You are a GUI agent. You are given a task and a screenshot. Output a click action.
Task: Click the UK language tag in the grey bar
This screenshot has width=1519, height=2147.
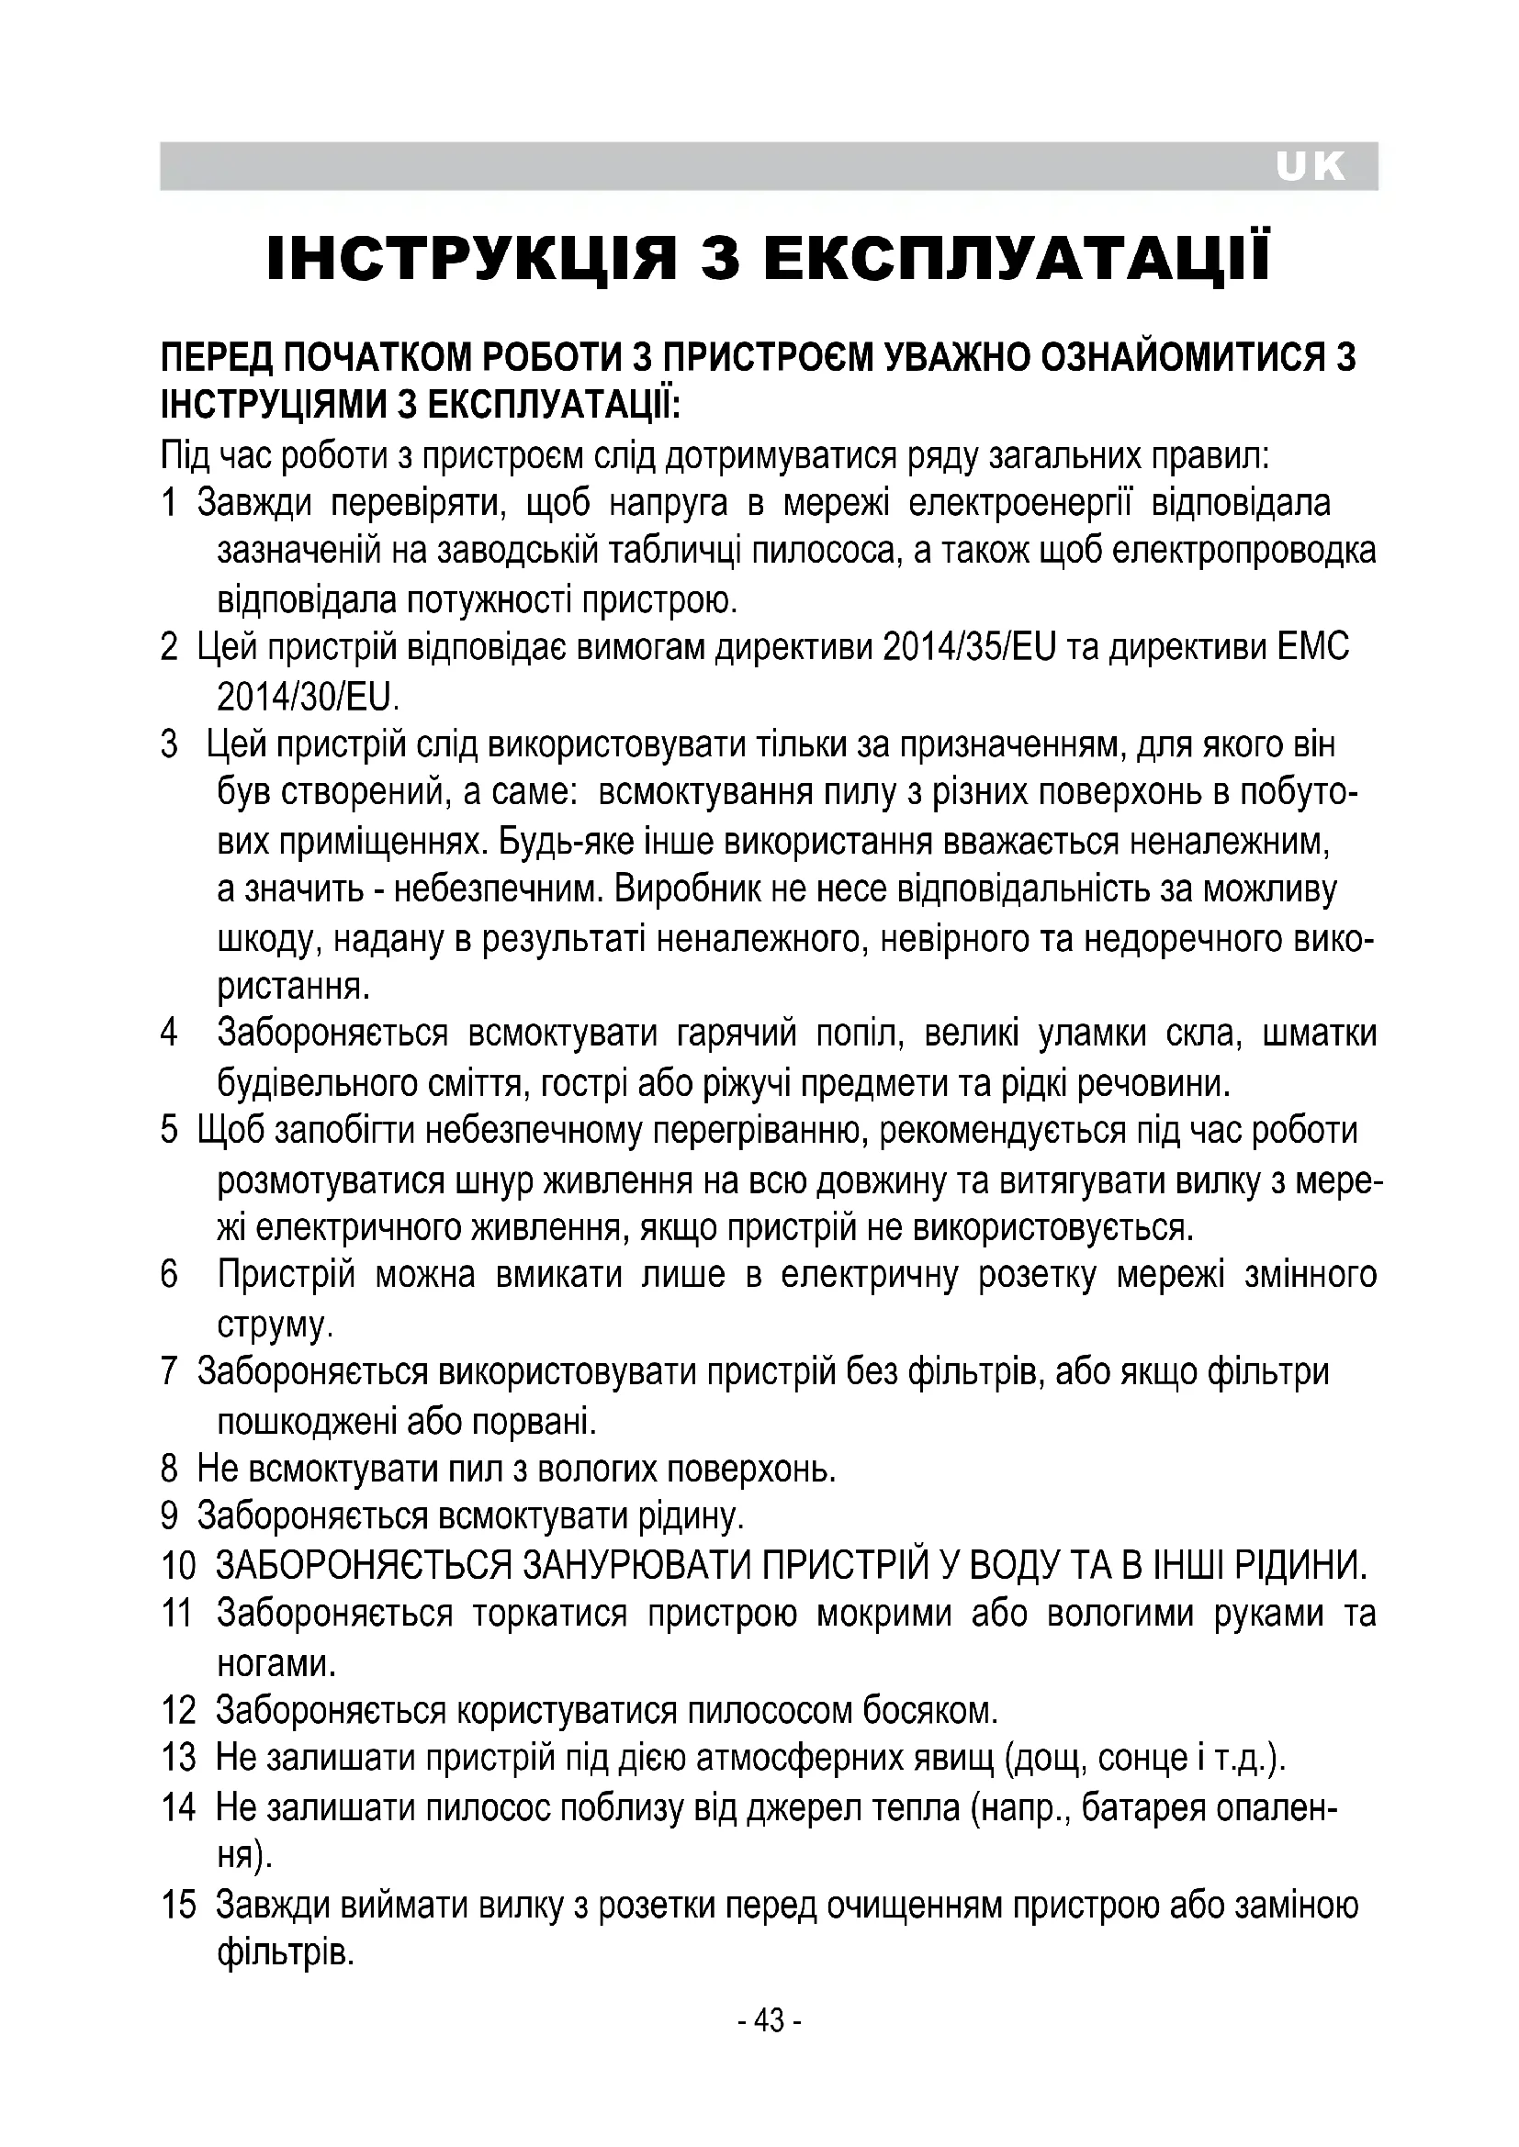[x=1310, y=167]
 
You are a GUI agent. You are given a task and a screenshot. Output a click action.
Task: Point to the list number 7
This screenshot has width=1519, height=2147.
[x=169, y=1371]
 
